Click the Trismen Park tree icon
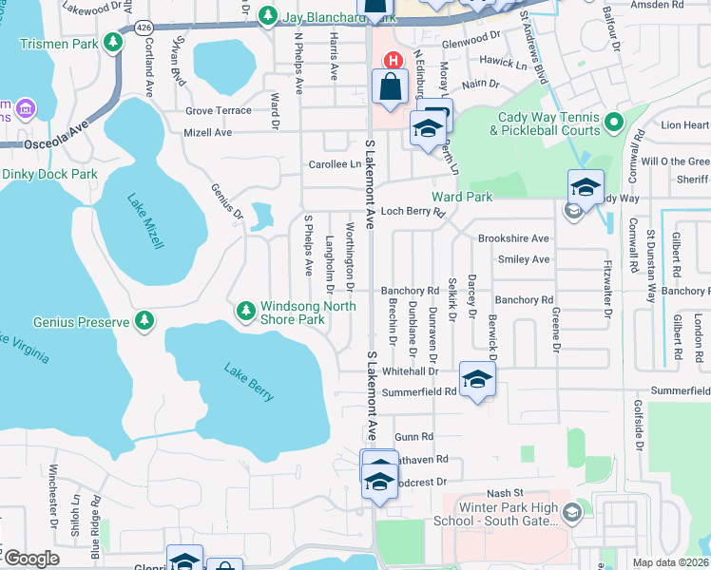point(113,43)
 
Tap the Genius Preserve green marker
point(144,322)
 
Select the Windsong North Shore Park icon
point(245,311)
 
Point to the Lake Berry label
point(249,381)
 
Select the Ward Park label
point(462,197)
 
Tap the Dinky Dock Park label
point(49,174)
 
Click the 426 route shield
point(144,29)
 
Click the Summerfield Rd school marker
point(477,380)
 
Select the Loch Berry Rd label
point(413,212)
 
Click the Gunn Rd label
point(413,436)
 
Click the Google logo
point(31,559)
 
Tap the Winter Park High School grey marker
point(572,514)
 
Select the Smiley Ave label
point(528,259)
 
